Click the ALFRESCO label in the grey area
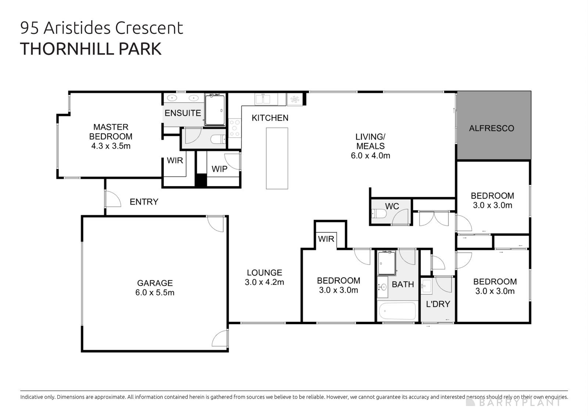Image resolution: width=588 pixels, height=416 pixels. coord(491,128)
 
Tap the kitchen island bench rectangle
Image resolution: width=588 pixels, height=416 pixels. coord(277,158)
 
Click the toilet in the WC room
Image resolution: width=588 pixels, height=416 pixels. coord(378,213)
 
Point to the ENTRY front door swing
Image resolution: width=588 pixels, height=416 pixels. coord(112,199)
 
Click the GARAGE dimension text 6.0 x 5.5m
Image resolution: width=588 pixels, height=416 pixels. coord(154,293)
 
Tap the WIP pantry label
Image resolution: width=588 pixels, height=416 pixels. coord(219,169)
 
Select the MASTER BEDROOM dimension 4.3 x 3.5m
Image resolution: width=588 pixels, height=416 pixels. coord(111,146)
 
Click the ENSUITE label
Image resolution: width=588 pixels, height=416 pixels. coord(183,113)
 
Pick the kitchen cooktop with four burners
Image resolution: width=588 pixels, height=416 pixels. coord(234,128)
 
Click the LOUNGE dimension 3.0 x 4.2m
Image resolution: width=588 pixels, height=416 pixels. coord(264,282)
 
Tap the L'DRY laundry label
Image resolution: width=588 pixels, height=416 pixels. coord(438,304)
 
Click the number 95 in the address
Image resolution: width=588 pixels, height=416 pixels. coord(29,28)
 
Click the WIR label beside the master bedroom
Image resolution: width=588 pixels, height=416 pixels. coord(175,161)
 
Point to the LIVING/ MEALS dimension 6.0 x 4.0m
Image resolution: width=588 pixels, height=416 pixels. coord(370,156)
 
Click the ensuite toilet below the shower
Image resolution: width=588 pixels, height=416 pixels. coord(218,139)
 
